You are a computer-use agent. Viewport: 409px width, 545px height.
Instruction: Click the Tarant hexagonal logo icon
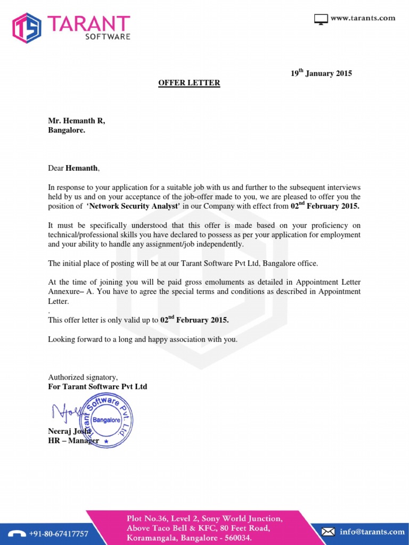coord(27,28)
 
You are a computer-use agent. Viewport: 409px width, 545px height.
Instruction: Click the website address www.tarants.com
coord(363,18)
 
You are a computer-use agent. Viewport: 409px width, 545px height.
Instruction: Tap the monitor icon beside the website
coord(321,20)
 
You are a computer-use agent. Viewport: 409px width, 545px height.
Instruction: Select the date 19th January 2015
coord(321,73)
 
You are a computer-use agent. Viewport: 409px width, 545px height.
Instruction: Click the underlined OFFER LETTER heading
coord(189,83)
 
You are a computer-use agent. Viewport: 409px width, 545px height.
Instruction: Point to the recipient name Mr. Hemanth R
coord(77,121)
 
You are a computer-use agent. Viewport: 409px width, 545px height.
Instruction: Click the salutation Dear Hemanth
coord(73,168)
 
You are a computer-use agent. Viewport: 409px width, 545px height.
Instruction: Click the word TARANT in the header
coord(88,24)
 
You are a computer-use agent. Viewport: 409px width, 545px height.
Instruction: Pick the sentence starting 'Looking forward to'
coord(143,339)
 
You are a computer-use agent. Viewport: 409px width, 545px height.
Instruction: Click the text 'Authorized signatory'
coord(83,377)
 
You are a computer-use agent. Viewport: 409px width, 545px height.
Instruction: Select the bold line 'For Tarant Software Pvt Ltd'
coord(97,386)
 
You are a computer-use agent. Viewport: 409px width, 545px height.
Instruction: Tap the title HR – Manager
coord(73,441)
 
